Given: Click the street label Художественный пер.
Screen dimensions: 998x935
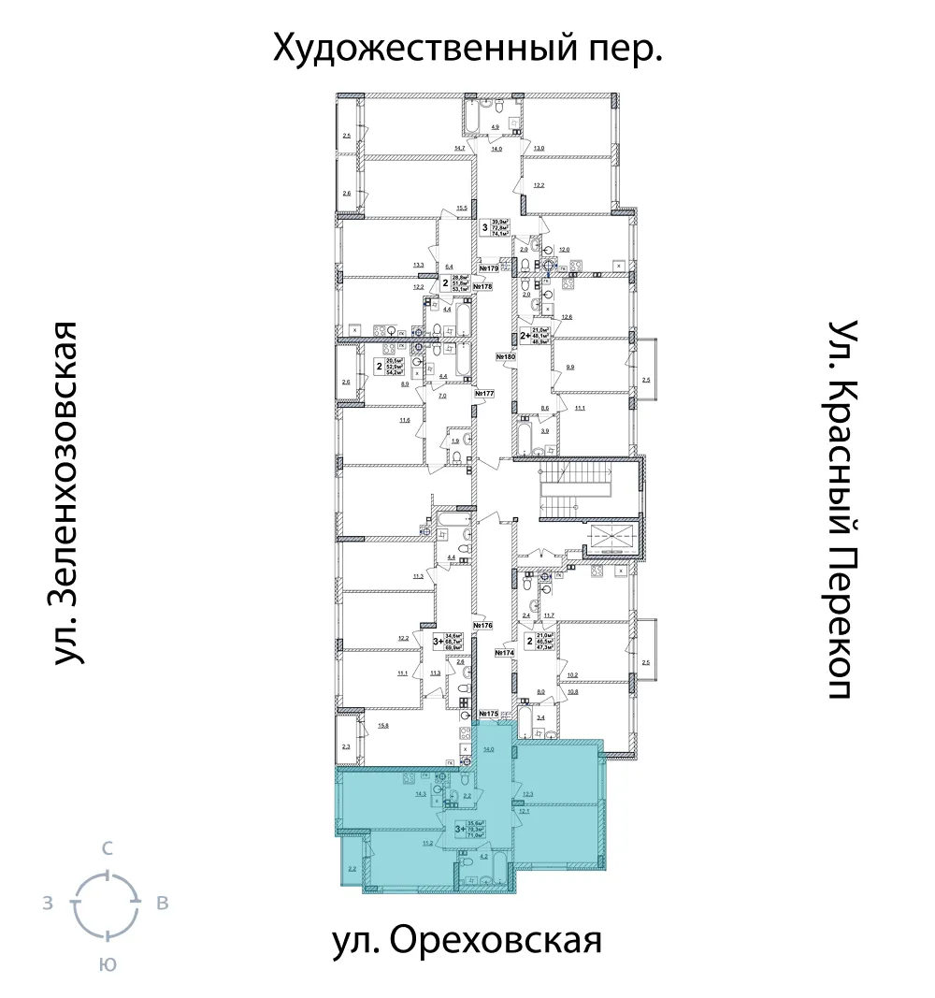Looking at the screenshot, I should (x=467, y=48).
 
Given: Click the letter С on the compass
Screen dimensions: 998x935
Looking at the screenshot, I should (x=108, y=849).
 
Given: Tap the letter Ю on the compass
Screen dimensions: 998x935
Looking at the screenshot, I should (x=108, y=965).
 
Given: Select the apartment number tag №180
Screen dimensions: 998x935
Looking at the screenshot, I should (x=505, y=356).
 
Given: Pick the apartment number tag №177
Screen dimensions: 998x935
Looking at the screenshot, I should (x=483, y=394).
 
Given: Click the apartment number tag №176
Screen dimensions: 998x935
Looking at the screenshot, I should (x=482, y=625).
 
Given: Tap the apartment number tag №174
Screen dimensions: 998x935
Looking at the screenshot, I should (x=505, y=652).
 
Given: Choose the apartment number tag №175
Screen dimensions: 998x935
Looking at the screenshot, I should (x=487, y=714).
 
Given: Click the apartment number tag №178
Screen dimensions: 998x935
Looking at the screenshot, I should (x=482, y=286).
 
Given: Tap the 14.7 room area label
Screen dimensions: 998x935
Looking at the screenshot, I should (x=459, y=148).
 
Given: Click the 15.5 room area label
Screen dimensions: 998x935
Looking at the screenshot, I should (x=461, y=208).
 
